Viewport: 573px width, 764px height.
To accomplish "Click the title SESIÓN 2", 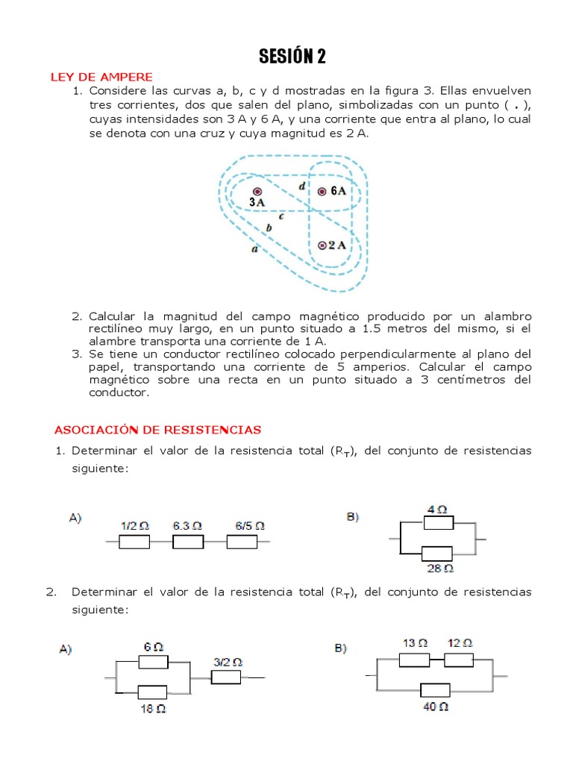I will coord(292,57).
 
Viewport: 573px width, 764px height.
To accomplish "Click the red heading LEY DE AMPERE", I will coord(101,77).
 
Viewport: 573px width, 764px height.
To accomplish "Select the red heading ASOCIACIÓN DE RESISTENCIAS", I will coord(157,430).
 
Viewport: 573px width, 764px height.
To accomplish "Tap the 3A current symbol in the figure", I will coord(257,192).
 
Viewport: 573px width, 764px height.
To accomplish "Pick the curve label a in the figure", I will coord(254,251).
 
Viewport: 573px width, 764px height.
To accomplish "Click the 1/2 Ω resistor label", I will coord(135,525).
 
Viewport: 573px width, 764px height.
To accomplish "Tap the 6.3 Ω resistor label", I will coord(187,525).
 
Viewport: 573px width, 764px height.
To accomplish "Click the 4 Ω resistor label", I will coord(437,510).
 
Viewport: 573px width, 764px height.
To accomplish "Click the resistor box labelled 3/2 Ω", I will coord(226,677).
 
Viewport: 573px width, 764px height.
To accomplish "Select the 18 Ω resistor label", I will coord(153,709).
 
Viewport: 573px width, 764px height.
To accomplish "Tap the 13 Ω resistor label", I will coord(415,642).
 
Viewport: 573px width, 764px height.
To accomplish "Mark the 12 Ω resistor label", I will coord(460,642).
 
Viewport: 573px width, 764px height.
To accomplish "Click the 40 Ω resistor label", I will coord(436,706).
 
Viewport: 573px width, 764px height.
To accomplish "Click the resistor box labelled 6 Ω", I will coord(153,662).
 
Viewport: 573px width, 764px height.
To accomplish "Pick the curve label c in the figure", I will coord(282,216).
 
